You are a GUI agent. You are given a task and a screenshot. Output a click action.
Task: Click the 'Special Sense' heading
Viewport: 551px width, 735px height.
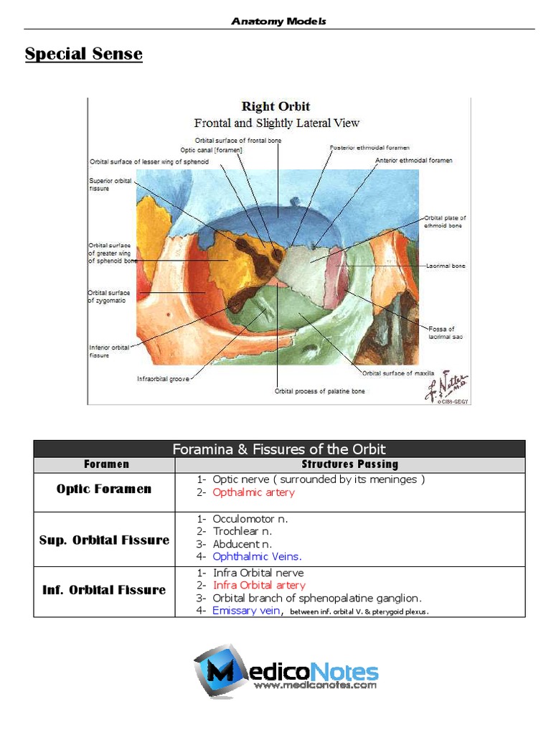coord(83,54)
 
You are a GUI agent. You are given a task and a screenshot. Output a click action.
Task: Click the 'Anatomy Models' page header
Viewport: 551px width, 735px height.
coord(278,21)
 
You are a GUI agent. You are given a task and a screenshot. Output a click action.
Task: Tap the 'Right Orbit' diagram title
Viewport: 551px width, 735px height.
coord(276,106)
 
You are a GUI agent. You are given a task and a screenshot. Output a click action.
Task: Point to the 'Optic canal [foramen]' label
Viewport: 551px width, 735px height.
coord(211,150)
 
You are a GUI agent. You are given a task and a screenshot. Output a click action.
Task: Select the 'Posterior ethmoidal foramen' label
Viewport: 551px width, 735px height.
coord(369,148)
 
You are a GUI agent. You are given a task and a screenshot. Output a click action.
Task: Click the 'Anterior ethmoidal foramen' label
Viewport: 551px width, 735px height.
coord(414,161)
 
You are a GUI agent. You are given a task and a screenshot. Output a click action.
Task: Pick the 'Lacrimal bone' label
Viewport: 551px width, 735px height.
coord(445,266)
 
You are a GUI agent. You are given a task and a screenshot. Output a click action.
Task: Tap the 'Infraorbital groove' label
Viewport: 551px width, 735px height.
coord(164,379)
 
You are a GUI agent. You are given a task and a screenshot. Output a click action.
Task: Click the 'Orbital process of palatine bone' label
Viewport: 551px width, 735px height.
coord(319,391)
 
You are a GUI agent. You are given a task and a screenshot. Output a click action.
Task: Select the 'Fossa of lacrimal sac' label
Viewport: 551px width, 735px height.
coord(441,332)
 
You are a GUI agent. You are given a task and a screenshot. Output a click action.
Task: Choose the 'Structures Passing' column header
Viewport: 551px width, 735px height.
coord(349,464)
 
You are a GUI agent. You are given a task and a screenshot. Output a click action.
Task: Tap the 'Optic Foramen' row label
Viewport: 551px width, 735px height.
coord(104,490)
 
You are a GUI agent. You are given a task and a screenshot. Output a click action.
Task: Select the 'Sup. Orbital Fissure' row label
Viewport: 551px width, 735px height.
coord(104,540)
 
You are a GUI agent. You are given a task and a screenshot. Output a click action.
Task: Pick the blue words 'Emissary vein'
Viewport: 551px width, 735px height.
coord(246,611)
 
